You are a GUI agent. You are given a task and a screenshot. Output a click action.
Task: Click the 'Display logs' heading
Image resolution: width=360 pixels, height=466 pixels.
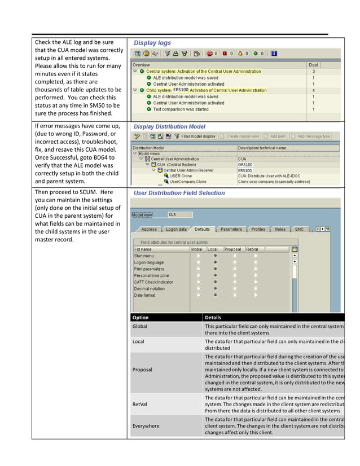click(x=152, y=43)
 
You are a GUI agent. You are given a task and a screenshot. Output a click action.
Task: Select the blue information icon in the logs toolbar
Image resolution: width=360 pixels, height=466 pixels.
click(x=274, y=54)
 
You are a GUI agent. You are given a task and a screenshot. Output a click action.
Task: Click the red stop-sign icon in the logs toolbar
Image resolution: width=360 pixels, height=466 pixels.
click(x=209, y=54)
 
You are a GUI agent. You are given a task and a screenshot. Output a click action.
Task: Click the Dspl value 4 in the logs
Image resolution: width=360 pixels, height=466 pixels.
click(x=314, y=90)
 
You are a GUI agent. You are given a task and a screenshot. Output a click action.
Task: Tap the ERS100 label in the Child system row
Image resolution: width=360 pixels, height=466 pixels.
click(x=181, y=90)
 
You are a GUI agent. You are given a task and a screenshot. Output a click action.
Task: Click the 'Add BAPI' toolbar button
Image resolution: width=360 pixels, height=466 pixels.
click(x=276, y=136)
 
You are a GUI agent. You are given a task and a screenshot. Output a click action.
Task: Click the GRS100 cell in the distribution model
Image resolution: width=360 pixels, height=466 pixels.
click(x=245, y=165)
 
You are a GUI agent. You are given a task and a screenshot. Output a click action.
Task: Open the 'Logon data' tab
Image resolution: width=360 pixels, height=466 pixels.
click(x=176, y=230)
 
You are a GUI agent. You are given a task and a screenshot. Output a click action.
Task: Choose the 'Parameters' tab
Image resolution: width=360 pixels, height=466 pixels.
click(x=231, y=230)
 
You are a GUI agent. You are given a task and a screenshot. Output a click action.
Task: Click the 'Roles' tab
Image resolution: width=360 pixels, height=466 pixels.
click(x=280, y=230)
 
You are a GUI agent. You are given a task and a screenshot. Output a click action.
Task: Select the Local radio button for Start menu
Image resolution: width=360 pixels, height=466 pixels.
click(x=215, y=256)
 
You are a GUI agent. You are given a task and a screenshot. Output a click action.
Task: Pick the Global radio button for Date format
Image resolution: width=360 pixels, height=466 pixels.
click(x=197, y=295)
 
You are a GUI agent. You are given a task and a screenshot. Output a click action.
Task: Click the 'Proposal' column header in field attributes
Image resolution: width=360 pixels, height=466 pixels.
click(x=232, y=249)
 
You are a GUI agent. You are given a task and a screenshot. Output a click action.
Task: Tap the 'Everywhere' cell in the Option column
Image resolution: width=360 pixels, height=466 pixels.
click(x=146, y=426)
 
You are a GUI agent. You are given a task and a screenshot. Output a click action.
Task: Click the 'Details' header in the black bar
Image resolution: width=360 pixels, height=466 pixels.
click(x=213, y=318)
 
